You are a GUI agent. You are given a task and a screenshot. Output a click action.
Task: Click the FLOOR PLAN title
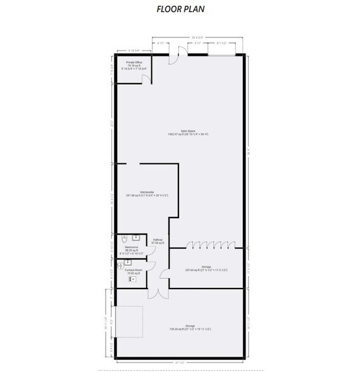point(180,10)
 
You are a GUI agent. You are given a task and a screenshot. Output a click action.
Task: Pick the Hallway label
point(159,242)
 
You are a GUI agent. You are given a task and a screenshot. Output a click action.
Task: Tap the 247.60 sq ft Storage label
point(206,269)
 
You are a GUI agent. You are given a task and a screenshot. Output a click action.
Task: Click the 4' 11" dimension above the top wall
point(161,43)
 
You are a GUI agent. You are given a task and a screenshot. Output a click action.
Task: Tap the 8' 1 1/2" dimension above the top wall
point(223,43)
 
